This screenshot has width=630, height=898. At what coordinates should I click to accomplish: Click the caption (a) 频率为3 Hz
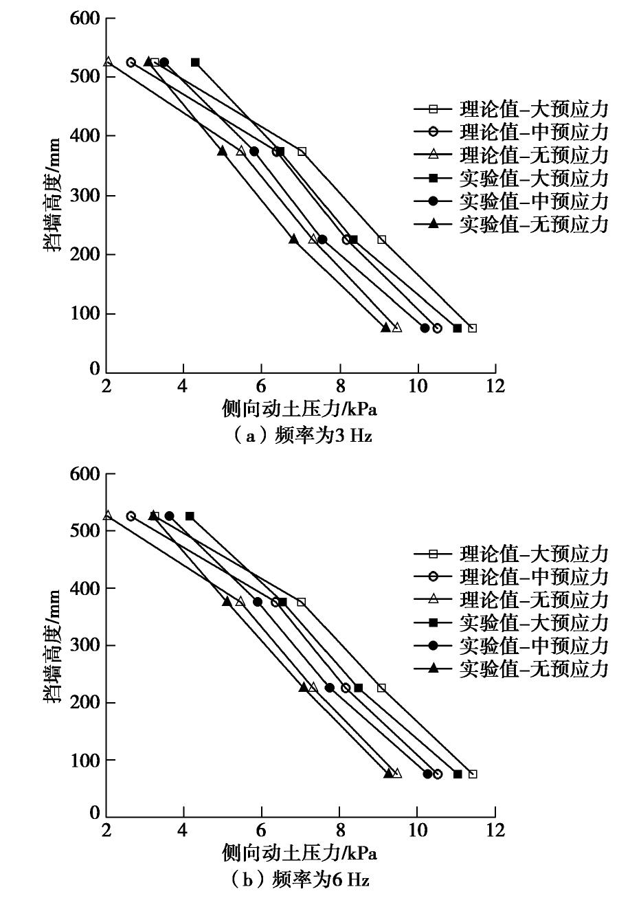pyautogui.click(x=300, y=435)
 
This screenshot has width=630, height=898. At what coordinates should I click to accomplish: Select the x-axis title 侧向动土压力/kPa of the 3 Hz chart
pyautogui.click(x=300, y=409)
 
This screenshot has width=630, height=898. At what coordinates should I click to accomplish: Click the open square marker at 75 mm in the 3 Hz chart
pyautogui.click(x=472, y=328)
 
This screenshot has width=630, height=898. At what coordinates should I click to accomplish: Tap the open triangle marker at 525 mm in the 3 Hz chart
pyautogui.click(x=108, y=62)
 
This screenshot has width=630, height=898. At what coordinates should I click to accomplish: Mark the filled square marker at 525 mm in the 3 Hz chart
pyautogui.click(x=195, y=63)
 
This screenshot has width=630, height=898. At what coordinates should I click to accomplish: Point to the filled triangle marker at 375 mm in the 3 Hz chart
pyautogui.click(x=222, y=151)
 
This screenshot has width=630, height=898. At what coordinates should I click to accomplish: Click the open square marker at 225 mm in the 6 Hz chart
pyautogui.click(x=381, y=688)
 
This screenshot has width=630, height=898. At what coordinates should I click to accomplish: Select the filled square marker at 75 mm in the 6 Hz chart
pyautogui.click(x=458, y=774)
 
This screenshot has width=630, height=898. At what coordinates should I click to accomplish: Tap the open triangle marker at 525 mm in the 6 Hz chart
pyautogui.click(x=108, y=515)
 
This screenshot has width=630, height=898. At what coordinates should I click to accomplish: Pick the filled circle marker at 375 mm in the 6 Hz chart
pyautogui.click(x=258, y=602)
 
